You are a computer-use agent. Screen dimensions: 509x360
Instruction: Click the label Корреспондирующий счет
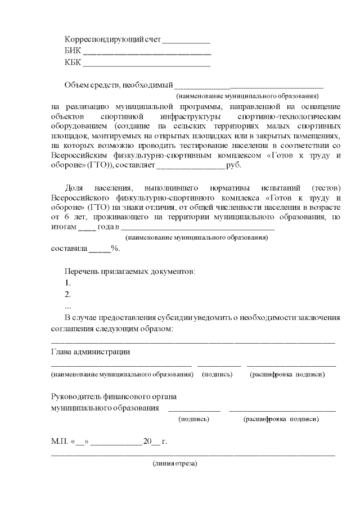[112, 40]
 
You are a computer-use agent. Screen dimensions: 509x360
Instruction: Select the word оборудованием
[77, 126]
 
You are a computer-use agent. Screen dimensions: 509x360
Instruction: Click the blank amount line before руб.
[190, 166]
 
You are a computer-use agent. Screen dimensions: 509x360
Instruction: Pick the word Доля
[74, 187]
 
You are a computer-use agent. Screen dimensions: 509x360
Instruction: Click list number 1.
[67, 282]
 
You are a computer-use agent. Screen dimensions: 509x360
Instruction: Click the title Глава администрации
[91, 352]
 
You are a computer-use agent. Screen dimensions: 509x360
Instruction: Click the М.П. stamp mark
[58, 441]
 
